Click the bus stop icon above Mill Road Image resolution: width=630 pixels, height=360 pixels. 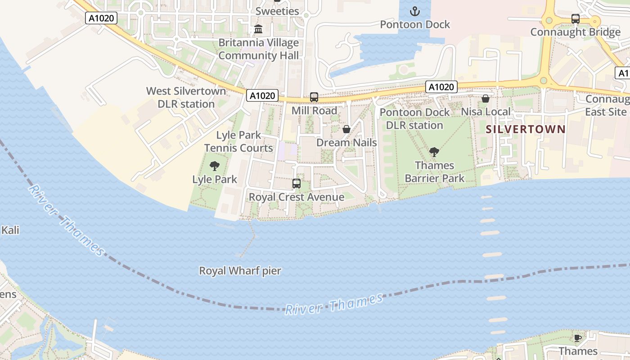coord(314,97)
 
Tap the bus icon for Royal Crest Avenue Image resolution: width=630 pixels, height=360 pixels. coord(296,184)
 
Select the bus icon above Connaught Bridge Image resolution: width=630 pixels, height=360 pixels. coord(575,19)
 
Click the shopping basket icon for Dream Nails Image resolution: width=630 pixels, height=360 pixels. coord(346,130)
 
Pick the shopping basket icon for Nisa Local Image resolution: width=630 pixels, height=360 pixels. coord(486,99)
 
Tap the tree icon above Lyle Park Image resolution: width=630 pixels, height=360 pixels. coord(215,166)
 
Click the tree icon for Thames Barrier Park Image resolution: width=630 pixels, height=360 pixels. coord(434,152)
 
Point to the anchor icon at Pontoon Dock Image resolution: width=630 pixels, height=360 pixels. coord(414,11)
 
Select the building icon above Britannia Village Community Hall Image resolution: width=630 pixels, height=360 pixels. coord(258,29)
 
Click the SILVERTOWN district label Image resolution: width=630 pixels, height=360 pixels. coord(526,130)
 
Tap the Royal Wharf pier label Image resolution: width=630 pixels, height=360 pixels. coord(240,271)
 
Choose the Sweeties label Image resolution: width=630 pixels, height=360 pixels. coord(277,11)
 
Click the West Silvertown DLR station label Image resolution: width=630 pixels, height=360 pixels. coord(186,97)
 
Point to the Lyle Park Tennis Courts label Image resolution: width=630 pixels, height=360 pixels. coord(238,141)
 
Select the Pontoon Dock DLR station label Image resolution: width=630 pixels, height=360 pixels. coord(414,119)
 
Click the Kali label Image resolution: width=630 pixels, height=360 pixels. coord(10,230)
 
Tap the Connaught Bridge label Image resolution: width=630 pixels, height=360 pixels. coord(575,32)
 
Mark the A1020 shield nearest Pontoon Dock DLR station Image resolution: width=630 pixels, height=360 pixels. coord(441,87)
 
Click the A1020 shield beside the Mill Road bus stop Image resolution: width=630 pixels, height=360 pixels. coord(262,95)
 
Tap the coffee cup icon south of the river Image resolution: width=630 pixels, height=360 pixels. coord(578,337)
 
